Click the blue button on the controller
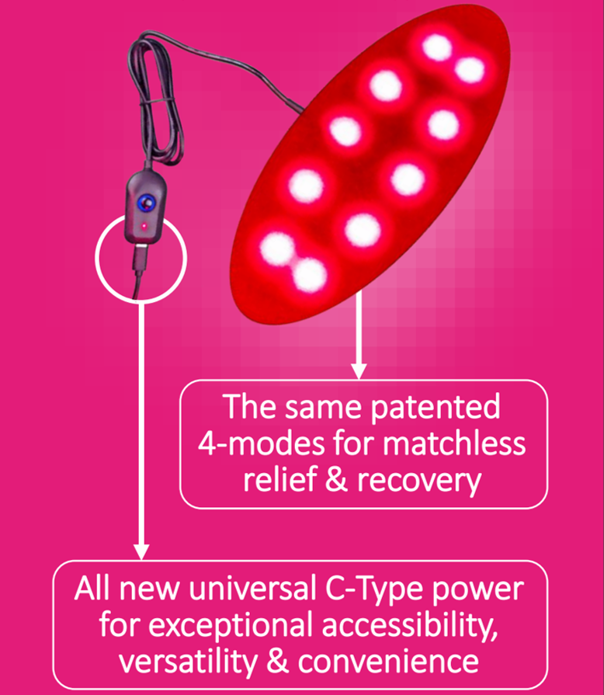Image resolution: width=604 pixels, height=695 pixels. coord(144,203)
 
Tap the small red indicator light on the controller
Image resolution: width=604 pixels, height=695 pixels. coord(144,226)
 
